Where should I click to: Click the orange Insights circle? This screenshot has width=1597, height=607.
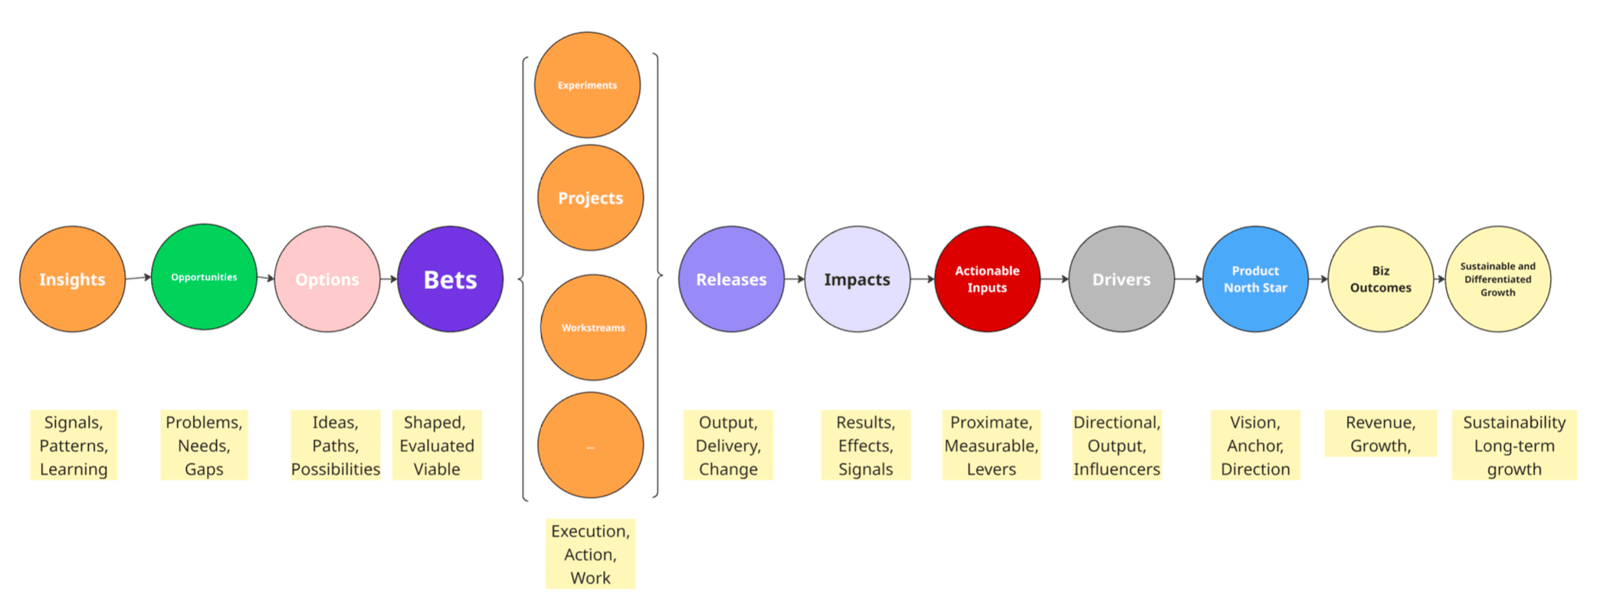pyautogui.click(x=72, y=279)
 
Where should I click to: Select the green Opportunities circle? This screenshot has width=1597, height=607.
pyautogui.click(x=204, y=277)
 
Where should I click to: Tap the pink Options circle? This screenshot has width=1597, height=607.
pyautogui.click(x=327, y=279)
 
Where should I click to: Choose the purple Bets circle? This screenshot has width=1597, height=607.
pyautogui.click(x=451, y=279)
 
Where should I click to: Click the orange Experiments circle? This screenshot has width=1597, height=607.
pyautogui.click(x=587, y=85)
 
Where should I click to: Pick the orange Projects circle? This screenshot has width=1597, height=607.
pyautogui.click(x=590, y=198)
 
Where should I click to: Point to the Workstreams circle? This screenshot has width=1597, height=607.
pyautogui.click(x=593, y=327)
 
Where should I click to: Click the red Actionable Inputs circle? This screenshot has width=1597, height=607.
pyautogui.click(x=987, y=279)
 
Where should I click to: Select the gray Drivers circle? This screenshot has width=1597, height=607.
pyautogui.click(x=1121, y=279)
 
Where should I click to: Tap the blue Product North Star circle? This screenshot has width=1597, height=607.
pyautogui.click(x=1255, y=279)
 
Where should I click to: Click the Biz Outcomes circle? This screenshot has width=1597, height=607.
pyautogui.click(x=1380, y=279)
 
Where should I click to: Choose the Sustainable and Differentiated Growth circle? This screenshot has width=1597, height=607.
pyautogui.click(x=1497, y=279)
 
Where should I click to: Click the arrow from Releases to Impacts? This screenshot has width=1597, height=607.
pyautogui.click(x=795, y=279)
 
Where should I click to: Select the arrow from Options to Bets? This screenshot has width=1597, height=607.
pyautogui.click(x=389, y=279)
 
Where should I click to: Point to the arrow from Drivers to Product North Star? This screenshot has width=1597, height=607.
pyautogui.click(x=1189, y=279)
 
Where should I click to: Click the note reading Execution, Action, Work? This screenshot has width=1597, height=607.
pyautogui.click(x=590, y=554)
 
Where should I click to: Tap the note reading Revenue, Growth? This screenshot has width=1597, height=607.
pyautogui.click(x=1380, y=434)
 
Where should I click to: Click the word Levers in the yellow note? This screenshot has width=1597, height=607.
pyautogui.click(x=991, y=469)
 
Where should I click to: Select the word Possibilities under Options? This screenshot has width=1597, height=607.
pyautogui.click(x=336, y=469)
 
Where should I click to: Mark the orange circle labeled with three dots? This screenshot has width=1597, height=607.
pyautogui.click(x=590, y=445)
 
